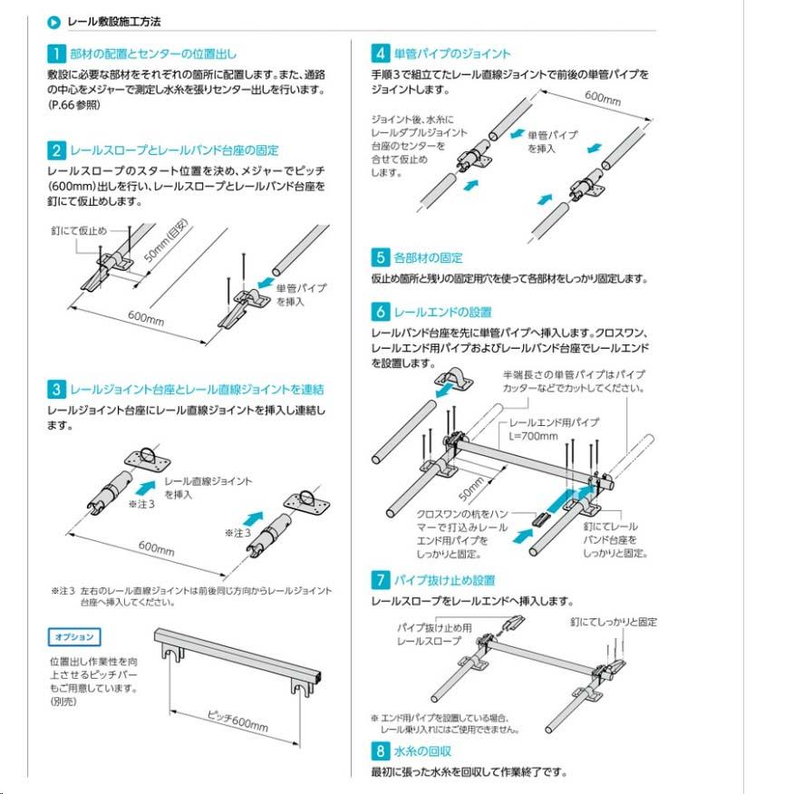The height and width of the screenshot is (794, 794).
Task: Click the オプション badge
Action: pyautogui.click(x=73, y=637)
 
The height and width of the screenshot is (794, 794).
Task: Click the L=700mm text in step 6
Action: pyautogui.click(x=530, y=435)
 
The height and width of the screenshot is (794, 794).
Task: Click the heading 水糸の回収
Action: pyautogui.click(x=422, y=751)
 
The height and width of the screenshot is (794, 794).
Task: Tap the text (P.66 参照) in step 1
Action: pyautogui.click(x=74, y=105)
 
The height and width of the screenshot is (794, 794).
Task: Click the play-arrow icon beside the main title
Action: pyautogui.click(x=54, y=20)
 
